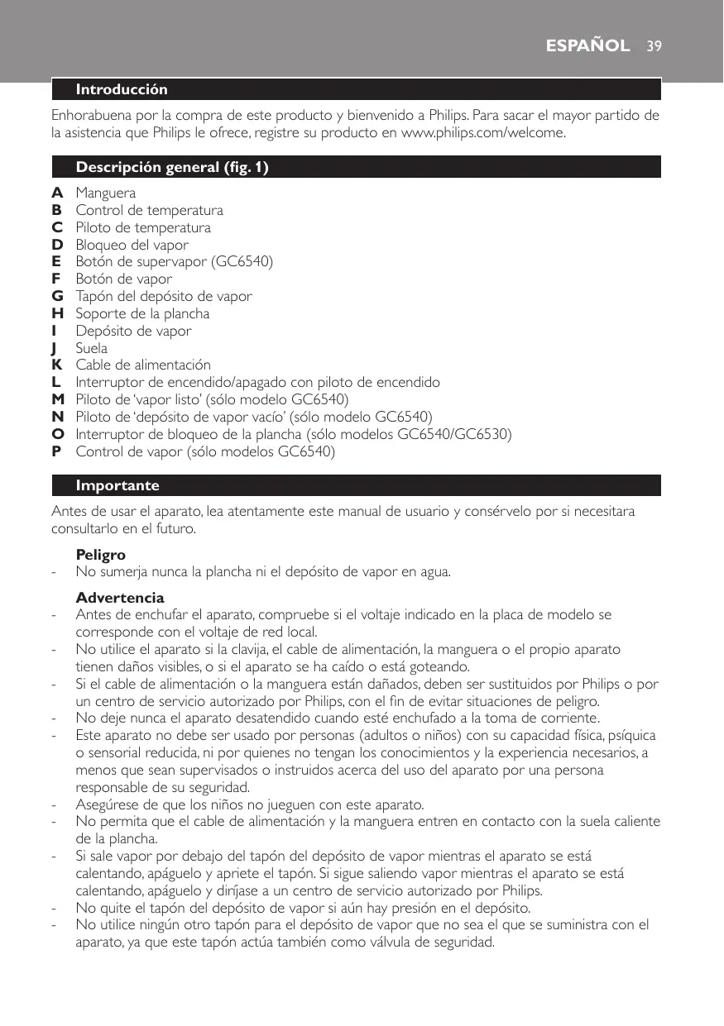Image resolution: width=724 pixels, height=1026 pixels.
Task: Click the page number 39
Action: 654,45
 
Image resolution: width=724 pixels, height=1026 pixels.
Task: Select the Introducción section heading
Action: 122,88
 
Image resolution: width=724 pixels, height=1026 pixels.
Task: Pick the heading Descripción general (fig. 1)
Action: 172,168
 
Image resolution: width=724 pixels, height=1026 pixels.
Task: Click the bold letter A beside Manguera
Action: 57,193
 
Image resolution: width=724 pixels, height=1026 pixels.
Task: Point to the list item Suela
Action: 92,348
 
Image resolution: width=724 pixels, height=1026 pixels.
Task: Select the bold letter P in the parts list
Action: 56,451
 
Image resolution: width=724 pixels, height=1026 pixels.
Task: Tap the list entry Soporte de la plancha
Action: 142,314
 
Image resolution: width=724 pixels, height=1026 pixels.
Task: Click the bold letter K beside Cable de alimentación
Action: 57,365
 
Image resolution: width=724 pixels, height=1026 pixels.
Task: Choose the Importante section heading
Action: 117,485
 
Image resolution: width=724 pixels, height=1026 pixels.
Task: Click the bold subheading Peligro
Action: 101,554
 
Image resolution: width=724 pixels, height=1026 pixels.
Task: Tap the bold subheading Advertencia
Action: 120,597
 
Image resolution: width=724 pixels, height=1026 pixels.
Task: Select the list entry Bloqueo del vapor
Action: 132,245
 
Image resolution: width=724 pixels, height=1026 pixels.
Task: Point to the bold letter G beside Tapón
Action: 57,297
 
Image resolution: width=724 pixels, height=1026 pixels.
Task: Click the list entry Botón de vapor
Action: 124,279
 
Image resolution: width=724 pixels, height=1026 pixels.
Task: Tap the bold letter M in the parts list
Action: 58,400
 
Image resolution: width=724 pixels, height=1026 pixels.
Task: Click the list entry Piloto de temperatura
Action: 143,228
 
